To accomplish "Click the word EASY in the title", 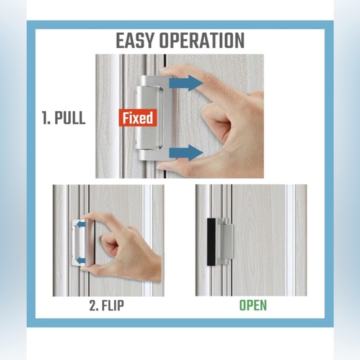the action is click(135, 40).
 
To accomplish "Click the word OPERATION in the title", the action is click(202, 40).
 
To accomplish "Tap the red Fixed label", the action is click(138, 117).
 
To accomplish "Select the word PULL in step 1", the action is click(70, 118).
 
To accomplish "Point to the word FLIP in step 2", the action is click(112, 305).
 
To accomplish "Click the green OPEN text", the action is click(253, 305).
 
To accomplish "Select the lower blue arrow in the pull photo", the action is click(186, 153).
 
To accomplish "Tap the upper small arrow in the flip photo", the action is click(81, 224).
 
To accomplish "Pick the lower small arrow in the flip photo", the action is click(81, 261).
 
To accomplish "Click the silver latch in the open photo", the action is click(225, 242).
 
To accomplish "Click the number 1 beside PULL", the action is click(45, 118).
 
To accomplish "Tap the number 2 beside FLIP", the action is click(94, 305).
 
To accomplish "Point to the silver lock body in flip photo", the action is click(83, 243).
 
